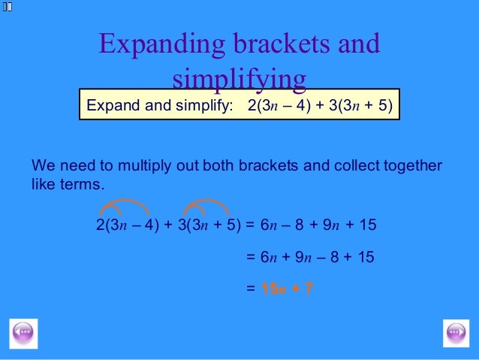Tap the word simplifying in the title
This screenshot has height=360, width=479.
[239, 79]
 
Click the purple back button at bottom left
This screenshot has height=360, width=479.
[23, 332]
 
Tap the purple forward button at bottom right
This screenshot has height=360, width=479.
[456, 332]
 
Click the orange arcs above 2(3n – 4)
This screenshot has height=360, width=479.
[126, 206]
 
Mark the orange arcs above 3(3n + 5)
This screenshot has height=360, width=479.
[206, 206]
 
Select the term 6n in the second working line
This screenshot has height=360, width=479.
[269, 257]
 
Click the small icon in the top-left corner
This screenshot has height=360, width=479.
[7, 6]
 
